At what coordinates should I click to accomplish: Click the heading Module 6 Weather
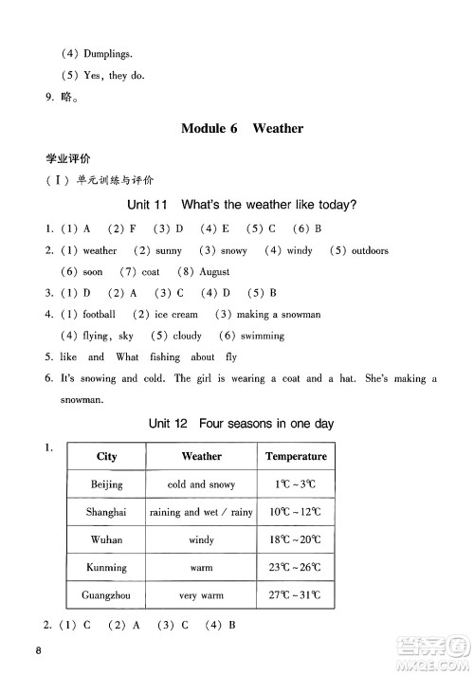point(242,128)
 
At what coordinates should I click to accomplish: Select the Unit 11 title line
point(242,206)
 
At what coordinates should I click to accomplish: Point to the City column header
point(107,456)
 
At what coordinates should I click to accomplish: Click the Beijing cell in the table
point(107,484)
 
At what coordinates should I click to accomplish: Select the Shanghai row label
point(107,512)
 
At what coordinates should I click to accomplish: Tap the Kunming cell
point(107,568)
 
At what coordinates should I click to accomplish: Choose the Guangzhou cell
point(107,595)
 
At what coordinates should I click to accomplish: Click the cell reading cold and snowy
point(201,484)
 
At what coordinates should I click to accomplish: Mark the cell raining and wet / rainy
point(201,512)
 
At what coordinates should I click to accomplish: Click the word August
point(212,272)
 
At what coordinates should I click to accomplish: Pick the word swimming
point(263,336)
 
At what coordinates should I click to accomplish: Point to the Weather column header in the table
point(201,456)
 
